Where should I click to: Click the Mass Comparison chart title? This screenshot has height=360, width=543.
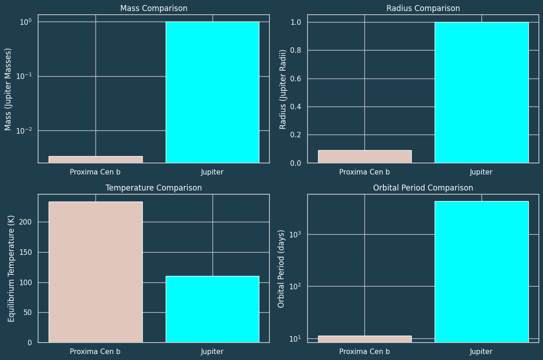(153, 8)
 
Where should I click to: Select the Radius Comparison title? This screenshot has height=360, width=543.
(423, 8)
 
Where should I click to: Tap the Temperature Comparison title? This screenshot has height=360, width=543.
(153, 188)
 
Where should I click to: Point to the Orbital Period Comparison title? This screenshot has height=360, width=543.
(423, 188)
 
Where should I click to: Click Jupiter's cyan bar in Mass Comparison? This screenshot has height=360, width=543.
(212, 92)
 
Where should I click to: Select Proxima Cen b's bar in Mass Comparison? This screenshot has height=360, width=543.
(95, 159)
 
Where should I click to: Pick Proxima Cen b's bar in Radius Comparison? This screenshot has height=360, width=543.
(364, 157)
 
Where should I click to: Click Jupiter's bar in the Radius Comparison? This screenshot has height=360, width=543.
(481, 92)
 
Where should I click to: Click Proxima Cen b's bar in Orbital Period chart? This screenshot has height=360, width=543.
(364, 339)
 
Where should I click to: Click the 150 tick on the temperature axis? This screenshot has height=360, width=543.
(27, 252)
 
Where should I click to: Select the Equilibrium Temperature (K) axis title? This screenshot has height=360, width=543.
(11, 268)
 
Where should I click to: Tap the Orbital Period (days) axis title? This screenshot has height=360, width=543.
(281, 268)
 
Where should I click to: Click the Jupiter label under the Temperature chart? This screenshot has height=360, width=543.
(212, 352)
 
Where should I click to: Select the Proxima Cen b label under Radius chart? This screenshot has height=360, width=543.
(364, 172)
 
